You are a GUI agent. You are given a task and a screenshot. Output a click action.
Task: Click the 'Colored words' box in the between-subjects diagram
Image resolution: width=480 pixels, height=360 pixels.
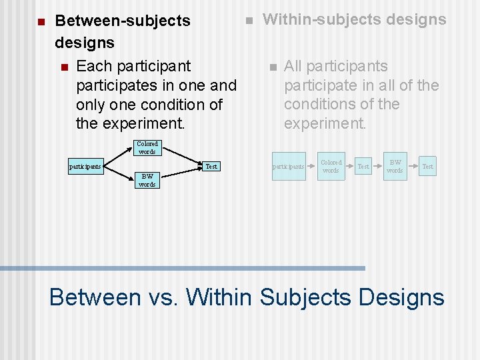[147, 147]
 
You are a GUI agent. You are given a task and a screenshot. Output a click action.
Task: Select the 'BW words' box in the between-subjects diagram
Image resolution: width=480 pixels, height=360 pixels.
[147, 180]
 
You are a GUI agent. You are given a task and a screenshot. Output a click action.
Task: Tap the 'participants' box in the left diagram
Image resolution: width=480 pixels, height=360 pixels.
[85, 166]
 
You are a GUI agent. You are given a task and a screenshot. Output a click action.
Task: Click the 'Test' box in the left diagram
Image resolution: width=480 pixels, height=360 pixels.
[211, 166]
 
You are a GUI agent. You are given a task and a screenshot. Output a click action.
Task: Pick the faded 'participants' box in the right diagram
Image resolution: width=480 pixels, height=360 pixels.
[288, 166]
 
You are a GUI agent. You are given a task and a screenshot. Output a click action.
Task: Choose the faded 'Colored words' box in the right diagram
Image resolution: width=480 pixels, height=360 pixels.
[331, 166]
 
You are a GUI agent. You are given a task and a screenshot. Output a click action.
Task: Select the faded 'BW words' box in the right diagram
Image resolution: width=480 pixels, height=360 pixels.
[395, 166]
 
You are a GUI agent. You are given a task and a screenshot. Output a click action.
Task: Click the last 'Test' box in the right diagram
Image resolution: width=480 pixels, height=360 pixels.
[427, 166]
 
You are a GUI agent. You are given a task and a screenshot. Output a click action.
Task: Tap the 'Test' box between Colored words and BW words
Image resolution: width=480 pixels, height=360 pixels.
[363, 166]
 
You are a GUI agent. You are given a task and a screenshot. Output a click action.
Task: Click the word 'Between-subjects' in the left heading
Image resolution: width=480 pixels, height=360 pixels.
[123, 21]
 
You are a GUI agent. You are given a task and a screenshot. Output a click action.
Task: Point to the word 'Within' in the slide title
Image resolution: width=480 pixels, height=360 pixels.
[219, 297]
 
